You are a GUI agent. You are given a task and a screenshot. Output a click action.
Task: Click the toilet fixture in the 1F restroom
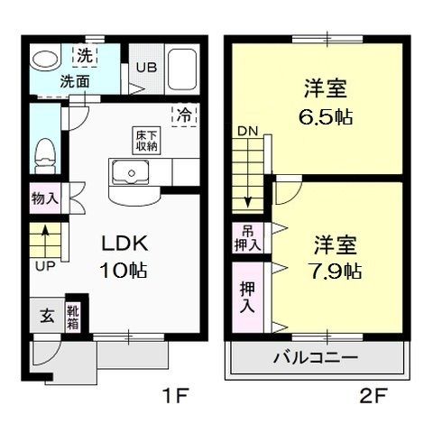(x=45, y=156)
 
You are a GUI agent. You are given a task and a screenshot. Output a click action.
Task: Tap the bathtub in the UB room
(x=182, y=69)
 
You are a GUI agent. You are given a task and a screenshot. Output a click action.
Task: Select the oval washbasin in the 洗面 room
(x=45, y=60)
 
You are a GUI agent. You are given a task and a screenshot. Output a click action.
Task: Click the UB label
(x=146, y=68)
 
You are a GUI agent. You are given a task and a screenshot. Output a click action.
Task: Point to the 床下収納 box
(x=146, y=141)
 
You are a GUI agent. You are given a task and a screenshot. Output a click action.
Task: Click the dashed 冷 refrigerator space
(x=185, y=115)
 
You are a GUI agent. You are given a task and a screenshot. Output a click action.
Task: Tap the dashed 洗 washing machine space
(x=85, y=56)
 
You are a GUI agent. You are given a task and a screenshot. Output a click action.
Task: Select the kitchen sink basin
(x=131, y=172)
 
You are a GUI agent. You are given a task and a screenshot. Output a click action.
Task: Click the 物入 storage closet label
(x=45, y=198)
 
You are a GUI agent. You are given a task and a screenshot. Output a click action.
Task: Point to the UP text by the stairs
(x=45, y=266)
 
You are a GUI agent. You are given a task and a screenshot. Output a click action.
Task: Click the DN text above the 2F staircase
(x=248, y=131)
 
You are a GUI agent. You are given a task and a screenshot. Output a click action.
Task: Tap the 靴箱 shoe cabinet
(x=73, y=318)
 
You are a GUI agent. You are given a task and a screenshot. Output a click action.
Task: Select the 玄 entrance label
(x=47, y=316)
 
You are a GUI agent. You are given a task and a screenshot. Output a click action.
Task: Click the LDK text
(x=124, y=244)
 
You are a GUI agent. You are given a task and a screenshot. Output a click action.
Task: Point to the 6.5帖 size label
(x=326, y=117)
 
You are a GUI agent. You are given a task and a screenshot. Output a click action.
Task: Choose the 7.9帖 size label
(x=335, y=271)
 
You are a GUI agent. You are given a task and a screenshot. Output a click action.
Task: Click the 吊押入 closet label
(x=248, y=238)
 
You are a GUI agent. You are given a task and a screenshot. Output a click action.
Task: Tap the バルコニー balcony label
(x=316, y=357)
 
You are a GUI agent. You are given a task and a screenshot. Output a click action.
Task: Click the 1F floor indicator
(x=176, y=395)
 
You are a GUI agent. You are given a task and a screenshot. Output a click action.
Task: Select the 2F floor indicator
(x=373, y=395)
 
